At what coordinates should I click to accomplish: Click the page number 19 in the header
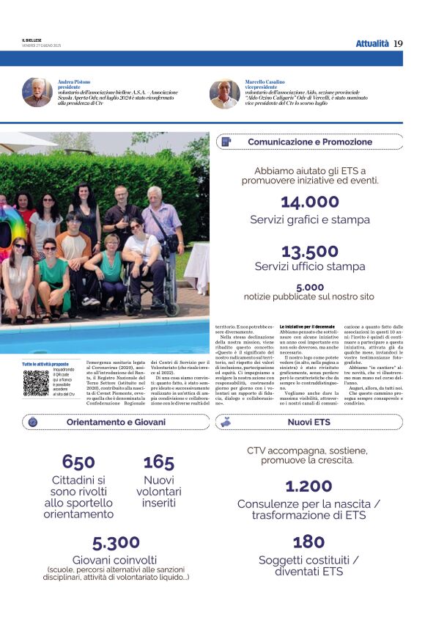[x=398, y=44]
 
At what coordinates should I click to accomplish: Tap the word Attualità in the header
[x=372, y=44]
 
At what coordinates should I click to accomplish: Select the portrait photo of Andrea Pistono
[x=37, y=93]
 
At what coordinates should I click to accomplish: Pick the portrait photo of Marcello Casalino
[x=224, y=93]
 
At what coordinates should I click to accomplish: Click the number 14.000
[x=309, y=203]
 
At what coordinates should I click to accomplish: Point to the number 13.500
[x=309, y=252]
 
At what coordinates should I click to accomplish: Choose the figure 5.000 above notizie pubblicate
[x=309, y=287]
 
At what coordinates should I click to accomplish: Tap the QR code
[x=36, y=383]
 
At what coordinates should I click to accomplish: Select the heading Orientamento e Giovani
[x=116, y=422]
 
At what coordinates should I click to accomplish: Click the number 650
[x=78, y=462]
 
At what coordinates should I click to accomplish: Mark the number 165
[x=158, y=462]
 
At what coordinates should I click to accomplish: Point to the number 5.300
[x=116, y=543]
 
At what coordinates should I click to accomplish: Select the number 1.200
[x=308, y=487]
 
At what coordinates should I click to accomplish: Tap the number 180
[x=308, y=542]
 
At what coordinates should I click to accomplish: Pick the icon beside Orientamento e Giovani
[x=33, y=422]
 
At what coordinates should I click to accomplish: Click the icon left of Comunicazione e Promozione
[x=226, y=142]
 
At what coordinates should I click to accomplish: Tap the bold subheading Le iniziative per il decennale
[x=307, y=325]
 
